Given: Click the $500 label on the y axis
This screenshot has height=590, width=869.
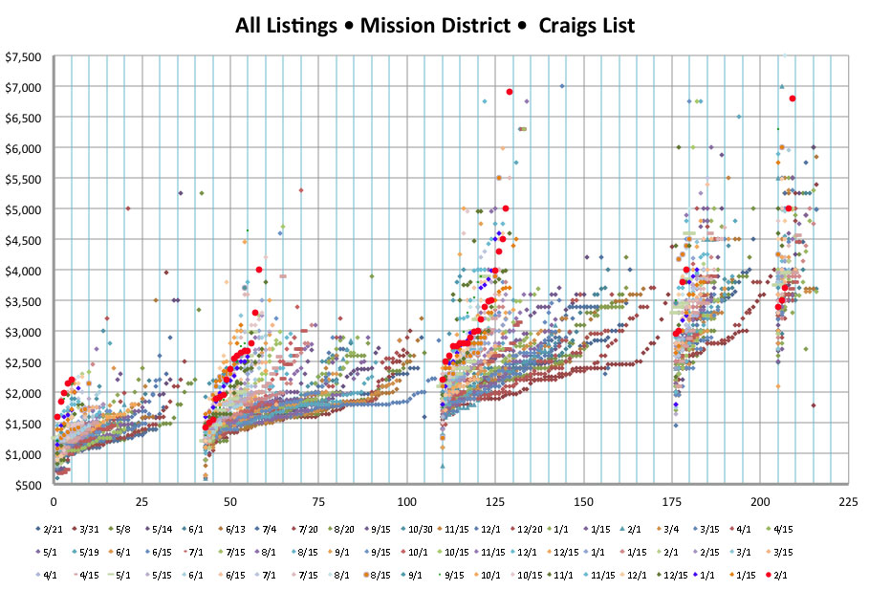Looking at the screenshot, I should (x=27, y=485).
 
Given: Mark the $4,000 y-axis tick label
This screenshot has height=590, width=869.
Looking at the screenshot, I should (x=22, y=271).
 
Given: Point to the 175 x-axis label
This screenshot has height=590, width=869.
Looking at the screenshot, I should (x=689, y=500).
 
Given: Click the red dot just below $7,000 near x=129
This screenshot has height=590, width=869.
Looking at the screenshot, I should (x=510, y=92).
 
